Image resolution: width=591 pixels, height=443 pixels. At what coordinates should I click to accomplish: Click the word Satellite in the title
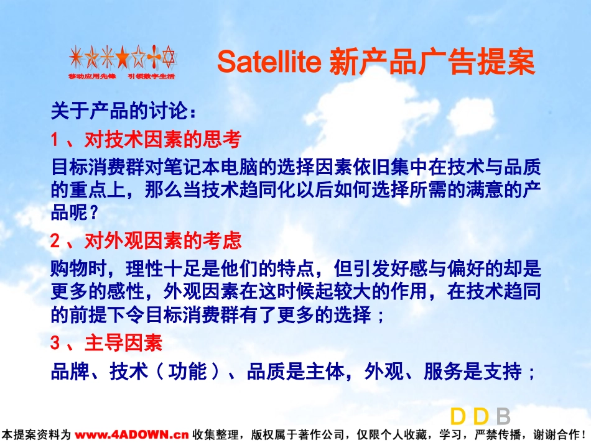pos(269,62)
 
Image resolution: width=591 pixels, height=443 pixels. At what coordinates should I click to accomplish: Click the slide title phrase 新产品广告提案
pos(432,62)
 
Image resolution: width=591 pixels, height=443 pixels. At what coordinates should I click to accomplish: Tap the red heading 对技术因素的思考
pos(163,139)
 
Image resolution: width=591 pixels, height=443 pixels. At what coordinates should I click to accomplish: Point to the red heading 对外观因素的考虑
pos(163,240)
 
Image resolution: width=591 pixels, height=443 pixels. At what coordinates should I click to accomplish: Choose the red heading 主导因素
pos(124,343)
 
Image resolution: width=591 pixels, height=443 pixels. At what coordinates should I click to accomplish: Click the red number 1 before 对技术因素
pos(55,140)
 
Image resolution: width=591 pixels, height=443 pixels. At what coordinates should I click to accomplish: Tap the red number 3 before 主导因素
pos(55,343)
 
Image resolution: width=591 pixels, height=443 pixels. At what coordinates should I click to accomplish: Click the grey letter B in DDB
pos(503,417)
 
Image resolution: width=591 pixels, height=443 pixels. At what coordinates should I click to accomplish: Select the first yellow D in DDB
pos(458,417)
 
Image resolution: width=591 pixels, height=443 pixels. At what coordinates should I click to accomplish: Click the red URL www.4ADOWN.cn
pos(131,435)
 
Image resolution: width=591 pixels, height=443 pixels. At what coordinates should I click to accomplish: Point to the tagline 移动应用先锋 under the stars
pos(92,76)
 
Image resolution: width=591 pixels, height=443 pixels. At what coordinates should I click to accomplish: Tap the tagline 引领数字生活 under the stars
pos(151,76)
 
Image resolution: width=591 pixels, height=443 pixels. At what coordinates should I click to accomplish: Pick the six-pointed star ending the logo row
pos(169,57)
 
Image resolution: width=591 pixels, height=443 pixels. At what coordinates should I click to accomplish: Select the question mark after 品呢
pos(93,213)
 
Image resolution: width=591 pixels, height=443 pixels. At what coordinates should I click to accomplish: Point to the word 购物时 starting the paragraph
pos(79,269)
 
